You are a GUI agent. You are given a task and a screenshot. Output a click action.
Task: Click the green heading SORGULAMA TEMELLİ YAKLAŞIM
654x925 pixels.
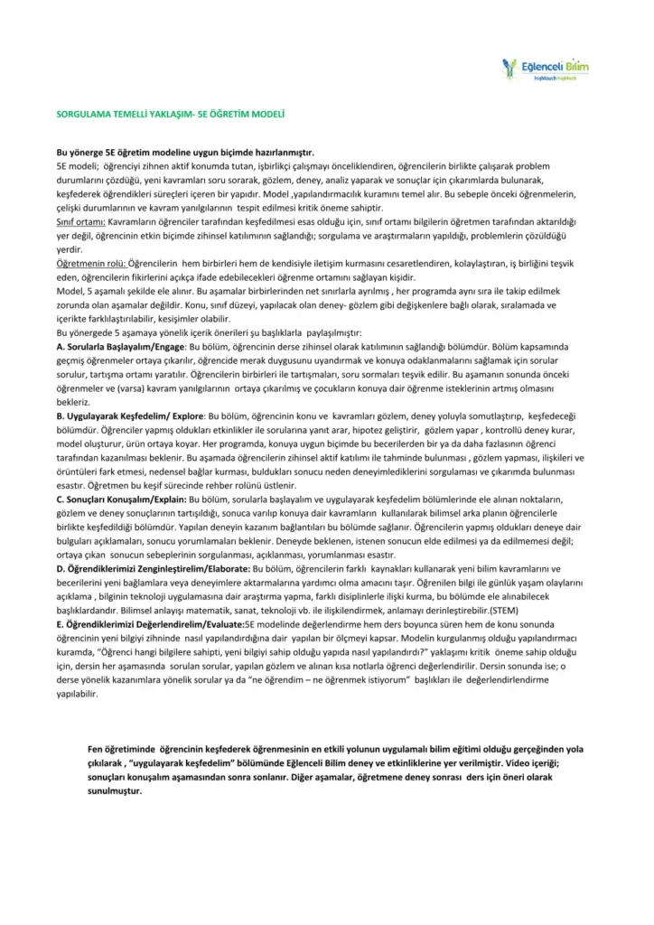click(171, 116)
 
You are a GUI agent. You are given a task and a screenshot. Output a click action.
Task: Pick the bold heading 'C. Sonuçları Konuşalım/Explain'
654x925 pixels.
click(121, 498)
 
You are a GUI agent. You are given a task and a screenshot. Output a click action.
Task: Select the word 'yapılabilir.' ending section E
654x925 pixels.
click(78, 694)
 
